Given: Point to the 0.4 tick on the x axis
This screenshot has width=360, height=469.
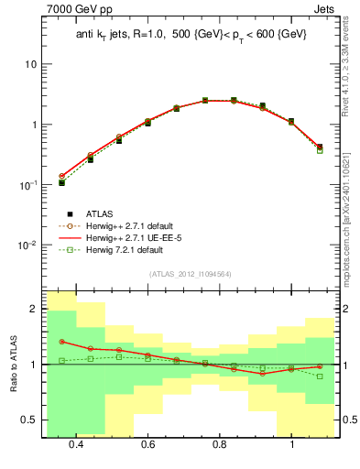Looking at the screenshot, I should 76,444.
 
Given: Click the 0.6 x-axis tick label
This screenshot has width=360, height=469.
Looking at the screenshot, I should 147,444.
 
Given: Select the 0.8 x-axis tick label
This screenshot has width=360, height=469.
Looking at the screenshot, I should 220,444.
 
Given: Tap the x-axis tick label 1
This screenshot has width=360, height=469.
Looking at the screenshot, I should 291,444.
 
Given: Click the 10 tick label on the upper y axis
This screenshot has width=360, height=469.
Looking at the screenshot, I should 30,65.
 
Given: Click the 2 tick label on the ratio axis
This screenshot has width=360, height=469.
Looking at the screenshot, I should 34,310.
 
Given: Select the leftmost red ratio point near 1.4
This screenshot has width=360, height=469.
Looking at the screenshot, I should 61,342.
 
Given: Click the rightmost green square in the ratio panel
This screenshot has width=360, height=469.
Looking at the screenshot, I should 320,376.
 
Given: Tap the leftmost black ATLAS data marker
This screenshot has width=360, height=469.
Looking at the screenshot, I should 61,182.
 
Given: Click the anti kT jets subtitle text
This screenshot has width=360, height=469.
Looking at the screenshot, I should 190,35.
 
